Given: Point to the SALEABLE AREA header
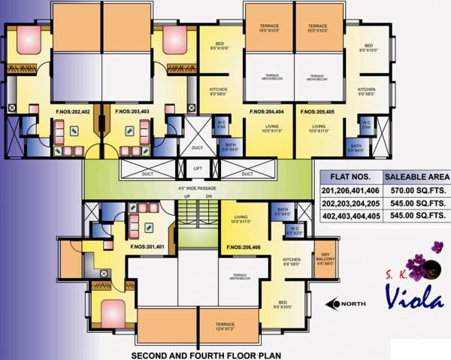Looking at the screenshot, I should pyautogui.click(x=416, y=177).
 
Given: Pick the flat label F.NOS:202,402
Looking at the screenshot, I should pyautogui.click(x=72, y=115).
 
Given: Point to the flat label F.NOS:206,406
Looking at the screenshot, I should pyautogui.click(x=242, y=247).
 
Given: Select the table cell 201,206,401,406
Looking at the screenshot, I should pyautogui.click(x=351, y=192).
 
